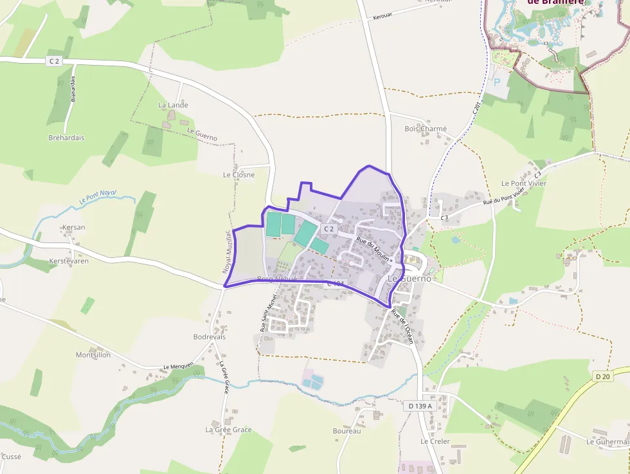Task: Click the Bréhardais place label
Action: tap(66, 138)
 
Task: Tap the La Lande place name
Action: tap(173, 105)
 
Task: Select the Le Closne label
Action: tap(239, 174)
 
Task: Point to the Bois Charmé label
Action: tap(425, 129)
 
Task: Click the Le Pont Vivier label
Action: tap(523, 183)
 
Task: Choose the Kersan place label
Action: tap(73, 227)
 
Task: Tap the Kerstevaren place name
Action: tap(69, 261)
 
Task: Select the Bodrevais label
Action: tap(209, 336)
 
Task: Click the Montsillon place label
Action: tap(93, 354)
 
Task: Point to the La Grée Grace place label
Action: tap(228, 429)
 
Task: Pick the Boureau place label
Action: tap(346, 430)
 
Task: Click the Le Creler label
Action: tap(435, 441)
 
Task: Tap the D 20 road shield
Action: tap(602, 376)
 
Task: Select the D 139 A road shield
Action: tap(420, 406)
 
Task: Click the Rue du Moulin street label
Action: tap(373, 248)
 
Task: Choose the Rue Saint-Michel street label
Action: tap(267, 313)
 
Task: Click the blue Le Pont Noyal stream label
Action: tap(98, 196)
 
